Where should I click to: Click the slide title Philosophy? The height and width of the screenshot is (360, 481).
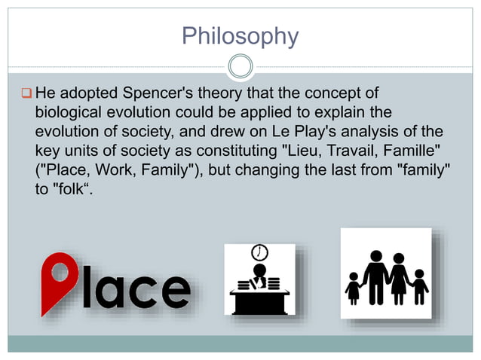(x=240, y=35)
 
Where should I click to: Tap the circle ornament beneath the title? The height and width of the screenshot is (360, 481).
(x=240, y=66)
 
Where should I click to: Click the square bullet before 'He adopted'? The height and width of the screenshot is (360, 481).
(x=26, y=94)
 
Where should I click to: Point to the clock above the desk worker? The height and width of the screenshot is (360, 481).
(x=260, y=252)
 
